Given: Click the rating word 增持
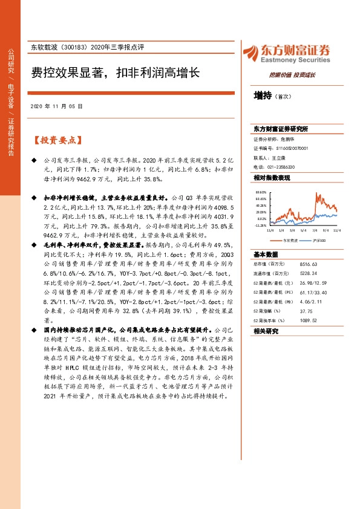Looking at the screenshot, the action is tap(263, 96).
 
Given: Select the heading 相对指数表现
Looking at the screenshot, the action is tap(272, 178).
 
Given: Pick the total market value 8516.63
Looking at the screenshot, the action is tap(308, 264).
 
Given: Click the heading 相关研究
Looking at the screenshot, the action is tap(266, 331).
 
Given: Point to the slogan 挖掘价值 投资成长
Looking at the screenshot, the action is tap(292, 75).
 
